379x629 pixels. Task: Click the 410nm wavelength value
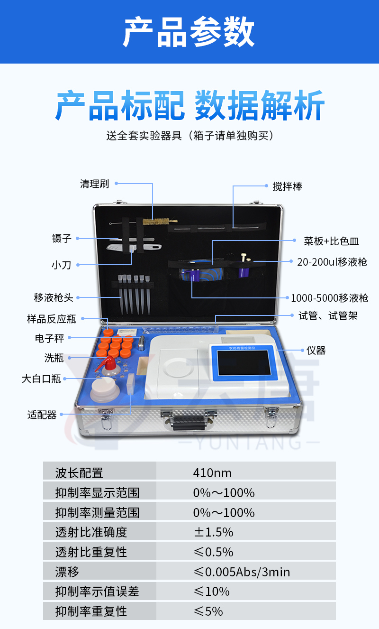tap(212, 473)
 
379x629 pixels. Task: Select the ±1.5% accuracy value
tap(214, 532)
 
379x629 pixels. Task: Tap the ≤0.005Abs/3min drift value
tap(242, 572)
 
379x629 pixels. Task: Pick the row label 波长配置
tap(79, 473)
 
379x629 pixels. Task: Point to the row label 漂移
tap(67, 572)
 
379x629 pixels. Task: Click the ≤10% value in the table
tap(211, 592)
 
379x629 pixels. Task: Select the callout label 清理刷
tap(95, 184)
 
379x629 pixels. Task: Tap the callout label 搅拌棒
tap(287, 186)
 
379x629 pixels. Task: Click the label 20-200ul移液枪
tap(332, 262)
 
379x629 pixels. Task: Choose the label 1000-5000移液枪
tap(329, 298)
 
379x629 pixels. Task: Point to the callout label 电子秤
tap(50, 338)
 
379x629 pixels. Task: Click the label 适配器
tap(42, 415)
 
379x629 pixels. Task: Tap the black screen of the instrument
tap(244, 362)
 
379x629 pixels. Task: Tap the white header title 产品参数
tap(189, 32)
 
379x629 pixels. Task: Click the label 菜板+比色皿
tap(331, 241)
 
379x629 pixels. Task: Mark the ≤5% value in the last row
tap(208, 611)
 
